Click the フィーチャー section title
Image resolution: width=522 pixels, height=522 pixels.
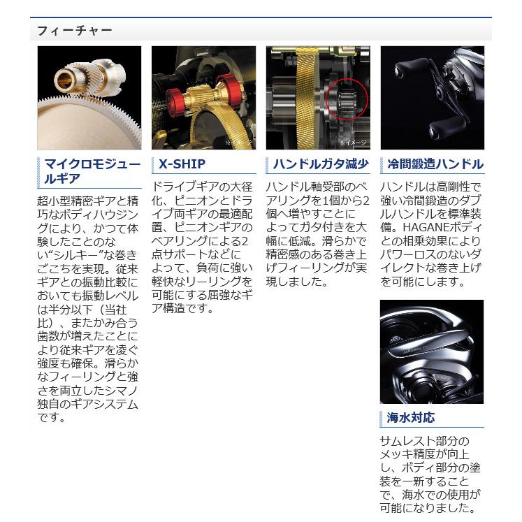(x=73, y=31)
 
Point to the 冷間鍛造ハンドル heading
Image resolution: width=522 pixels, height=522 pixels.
(x=435, y=165)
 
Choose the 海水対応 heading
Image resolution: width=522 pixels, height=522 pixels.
(x=410, y=418)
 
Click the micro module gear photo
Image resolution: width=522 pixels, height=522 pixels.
(x=89, y=97)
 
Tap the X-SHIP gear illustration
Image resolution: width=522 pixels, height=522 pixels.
(x=203, y=97)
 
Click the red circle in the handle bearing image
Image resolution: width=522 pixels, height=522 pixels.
(x=347, y=101)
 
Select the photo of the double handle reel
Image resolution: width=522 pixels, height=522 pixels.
(x=432, y=97)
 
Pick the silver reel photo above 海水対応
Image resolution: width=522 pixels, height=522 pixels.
(x=432, y=351)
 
